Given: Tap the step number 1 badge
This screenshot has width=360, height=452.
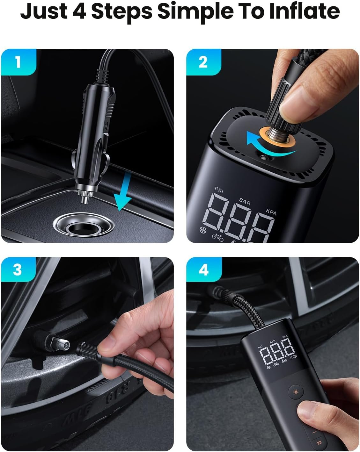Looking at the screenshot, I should (x=18, y=62).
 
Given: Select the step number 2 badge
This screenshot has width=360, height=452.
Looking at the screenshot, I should (x=203, y=62).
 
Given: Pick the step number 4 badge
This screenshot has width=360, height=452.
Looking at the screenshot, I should (x=203, y=270).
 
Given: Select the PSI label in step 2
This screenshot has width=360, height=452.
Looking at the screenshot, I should (x=219, y=190).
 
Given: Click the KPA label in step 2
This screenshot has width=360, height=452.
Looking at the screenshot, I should (x=271, y=212).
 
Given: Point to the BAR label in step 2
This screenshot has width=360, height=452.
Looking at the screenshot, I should (x=245, y=202).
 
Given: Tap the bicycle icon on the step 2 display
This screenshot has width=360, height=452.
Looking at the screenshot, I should (x=218, y=236).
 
